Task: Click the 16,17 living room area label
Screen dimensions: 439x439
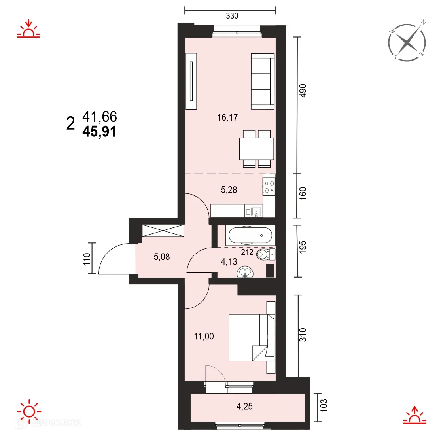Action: [x=227, y=117]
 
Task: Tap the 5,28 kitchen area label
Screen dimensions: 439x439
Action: [x=229, y=190]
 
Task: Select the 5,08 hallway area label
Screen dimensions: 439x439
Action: [x=161, y=257]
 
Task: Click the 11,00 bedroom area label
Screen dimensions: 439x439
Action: [x=204, y=336]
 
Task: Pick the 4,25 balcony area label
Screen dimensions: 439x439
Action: [x=244, y=406]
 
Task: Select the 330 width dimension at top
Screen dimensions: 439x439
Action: [x=232, y=16]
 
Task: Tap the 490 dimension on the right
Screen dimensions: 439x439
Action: [x=303, y=91]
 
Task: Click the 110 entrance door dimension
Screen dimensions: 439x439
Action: [x=87, y=259]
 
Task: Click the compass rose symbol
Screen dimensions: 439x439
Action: [x=407, y=42]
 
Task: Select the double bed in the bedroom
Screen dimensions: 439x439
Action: [x=250, y=337]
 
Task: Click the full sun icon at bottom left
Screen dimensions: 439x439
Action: [x=29, y=411]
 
